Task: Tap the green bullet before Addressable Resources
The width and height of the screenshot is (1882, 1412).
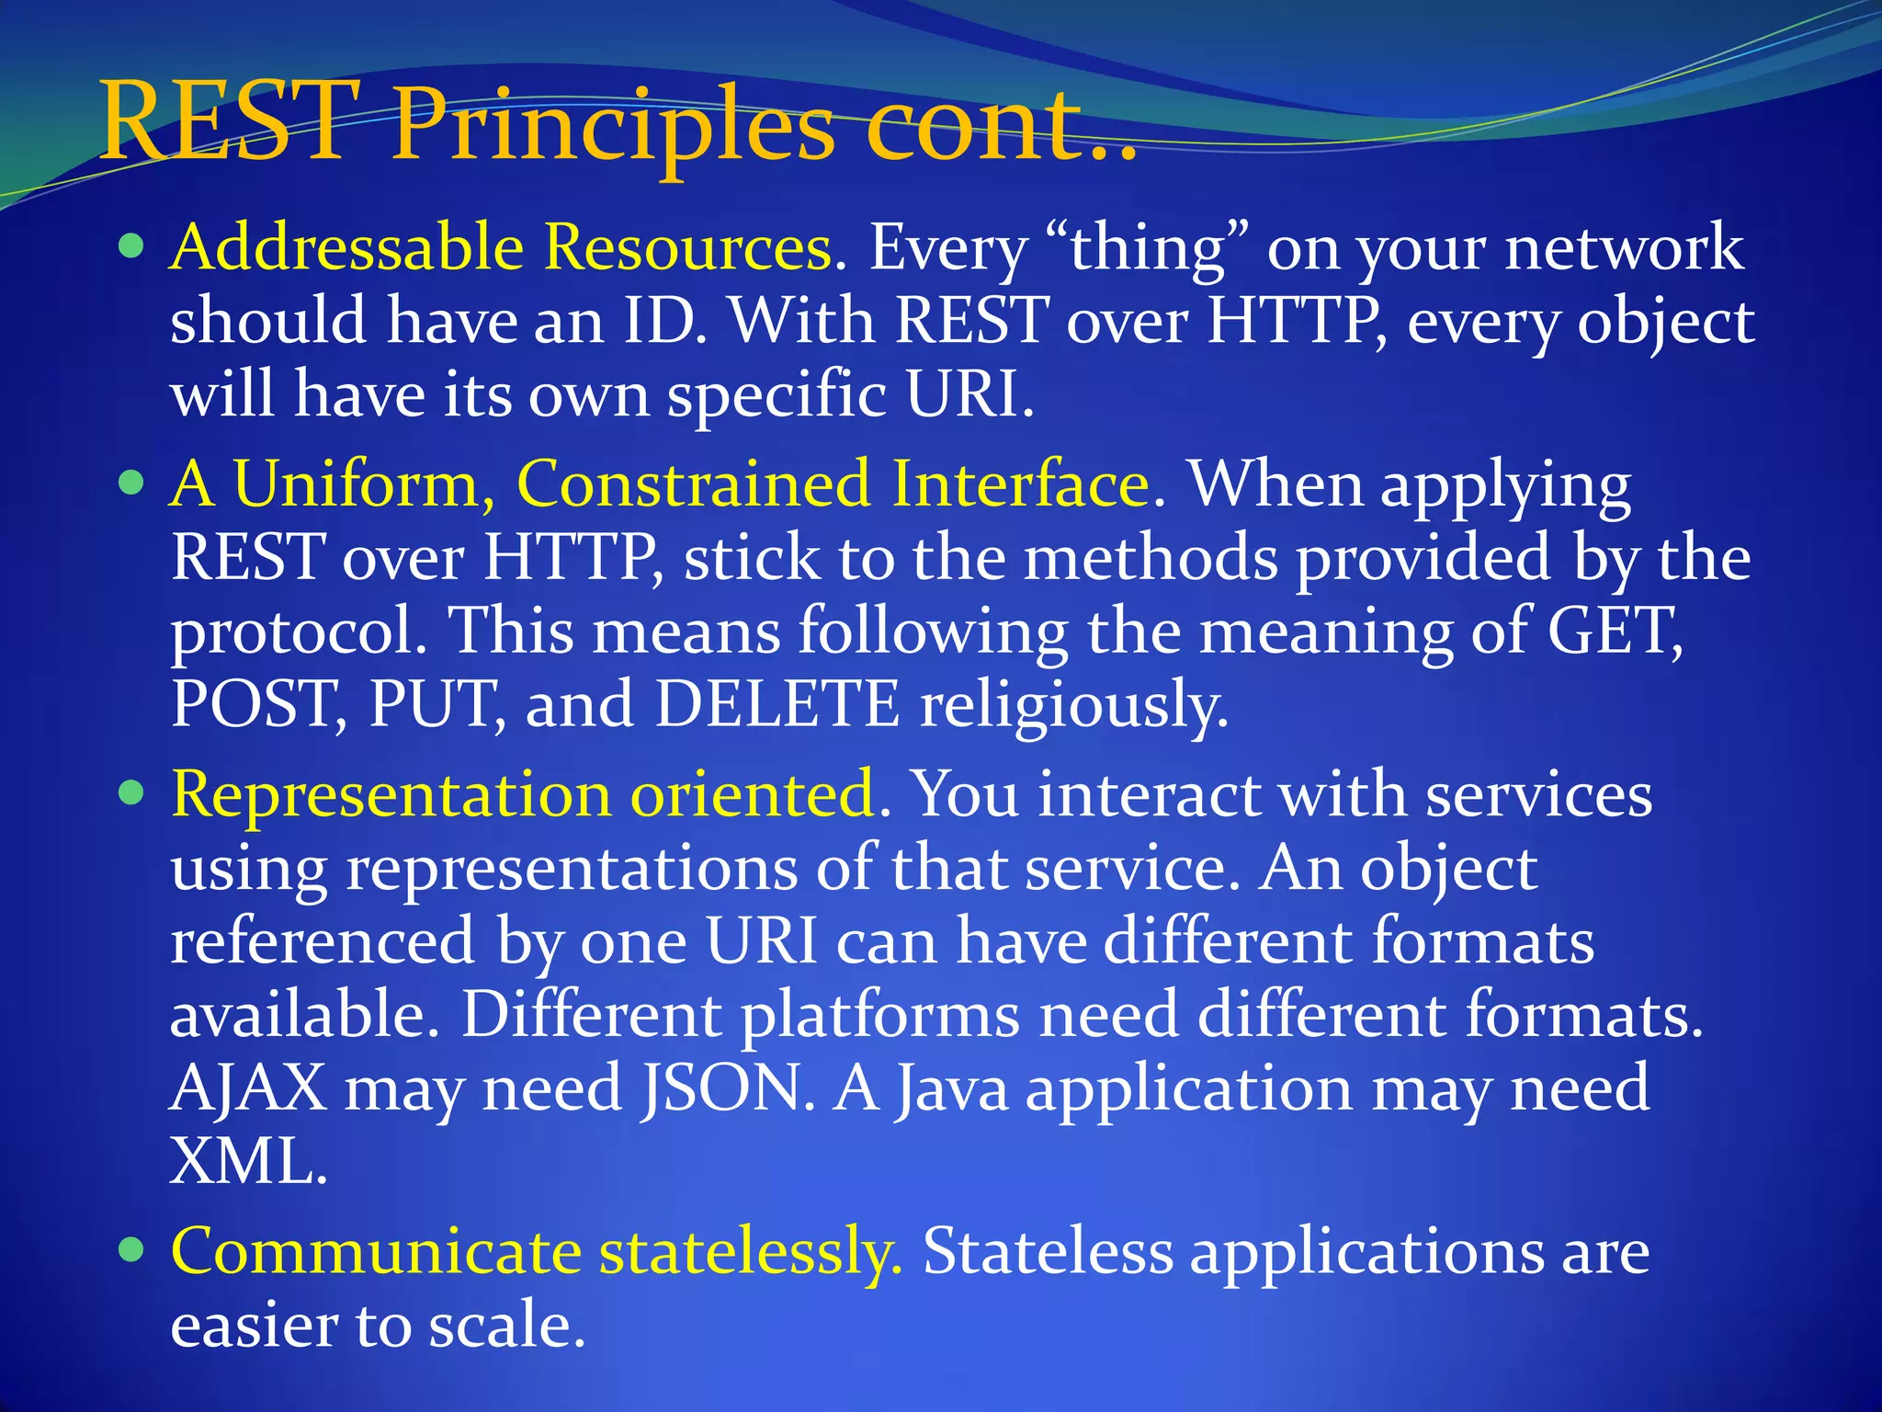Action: tap(132, 246)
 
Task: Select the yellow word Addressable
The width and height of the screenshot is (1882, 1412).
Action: tap(346, 248)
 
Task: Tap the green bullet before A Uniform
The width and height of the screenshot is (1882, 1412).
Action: tap(132, 483)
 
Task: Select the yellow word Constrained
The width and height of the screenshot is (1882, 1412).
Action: tap(693, 484)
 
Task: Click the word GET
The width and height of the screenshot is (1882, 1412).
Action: tap(1614, 632)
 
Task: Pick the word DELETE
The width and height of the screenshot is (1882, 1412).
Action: tap(777, 705)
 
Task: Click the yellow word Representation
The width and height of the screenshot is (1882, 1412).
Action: tap(391, 794)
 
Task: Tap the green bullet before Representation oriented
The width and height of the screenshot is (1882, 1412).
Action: tap(132, 792)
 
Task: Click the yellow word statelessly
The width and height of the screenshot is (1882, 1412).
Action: tap(749, 1253)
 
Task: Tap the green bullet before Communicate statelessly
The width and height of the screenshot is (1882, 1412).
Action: tap(132, 1250)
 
